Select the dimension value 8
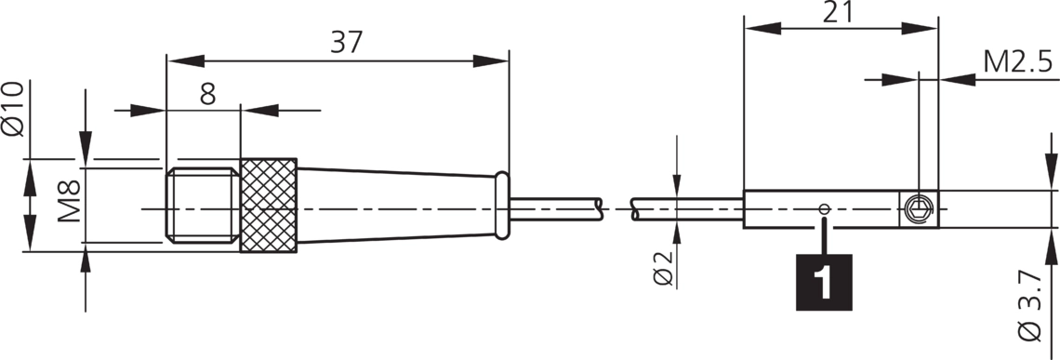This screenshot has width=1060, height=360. pyautogui.click(x=206, y=93)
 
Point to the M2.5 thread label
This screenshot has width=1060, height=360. pyautogui.click(x=1018, y=62)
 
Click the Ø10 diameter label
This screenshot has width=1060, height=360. pyautogui.click(x=13, y=109)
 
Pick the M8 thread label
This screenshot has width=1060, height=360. pyautogui.click(x=71, y=200)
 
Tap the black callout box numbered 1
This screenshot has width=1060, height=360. pyautogui.click(x=825, y=280)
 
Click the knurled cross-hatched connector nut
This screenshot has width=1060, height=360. pyautogui.click(x=269, y=205)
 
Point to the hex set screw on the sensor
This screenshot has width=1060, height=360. pyautogui.click(x=919, y=210)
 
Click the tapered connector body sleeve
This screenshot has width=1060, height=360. pyautogui.click(x=395, y=205)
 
